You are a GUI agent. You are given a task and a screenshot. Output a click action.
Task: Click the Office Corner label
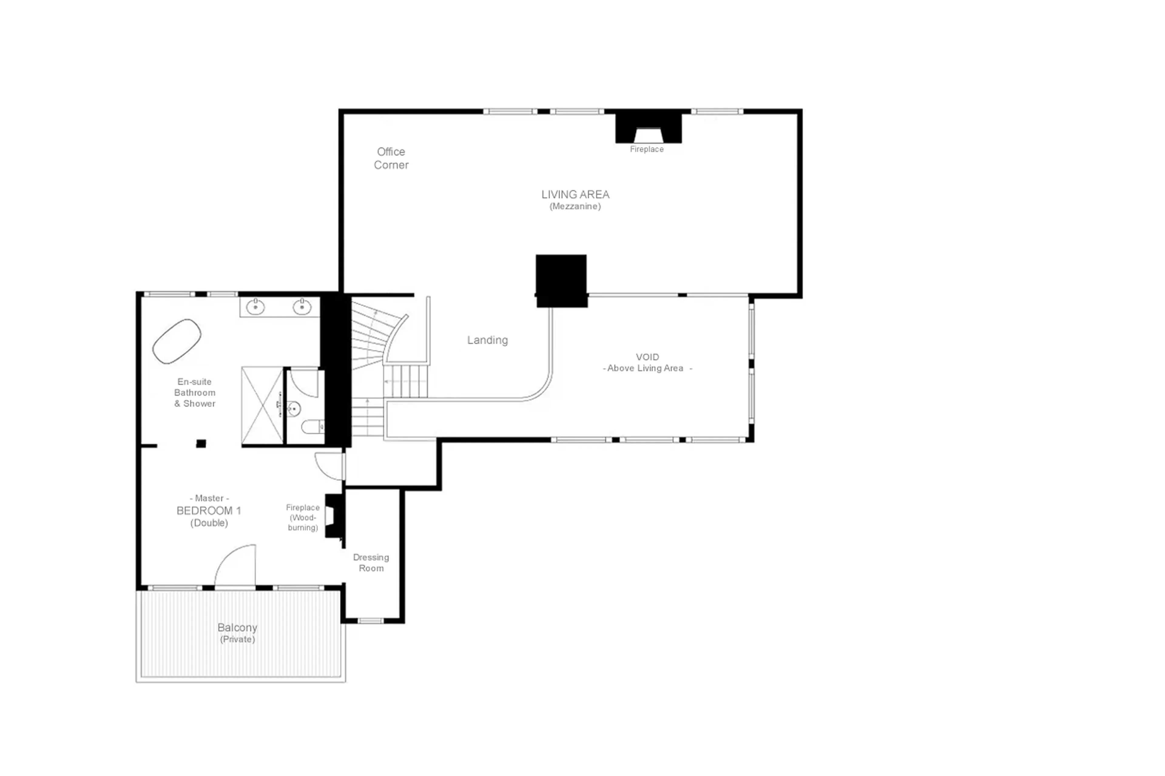[391, 158]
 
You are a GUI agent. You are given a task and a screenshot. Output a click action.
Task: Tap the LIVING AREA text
[575, 194]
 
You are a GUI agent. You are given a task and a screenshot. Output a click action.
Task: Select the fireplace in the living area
[648, 130]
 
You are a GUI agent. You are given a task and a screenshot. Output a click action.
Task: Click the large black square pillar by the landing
[561, 280]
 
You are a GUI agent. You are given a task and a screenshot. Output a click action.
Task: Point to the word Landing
[487, 340]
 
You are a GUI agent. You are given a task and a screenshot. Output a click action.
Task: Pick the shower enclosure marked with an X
[262, 405]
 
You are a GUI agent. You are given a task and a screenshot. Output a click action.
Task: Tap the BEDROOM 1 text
[208, 511]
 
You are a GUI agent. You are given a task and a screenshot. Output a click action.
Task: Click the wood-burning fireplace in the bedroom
[332, 516]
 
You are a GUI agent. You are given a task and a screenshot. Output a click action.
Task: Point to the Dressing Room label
[371, 563]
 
